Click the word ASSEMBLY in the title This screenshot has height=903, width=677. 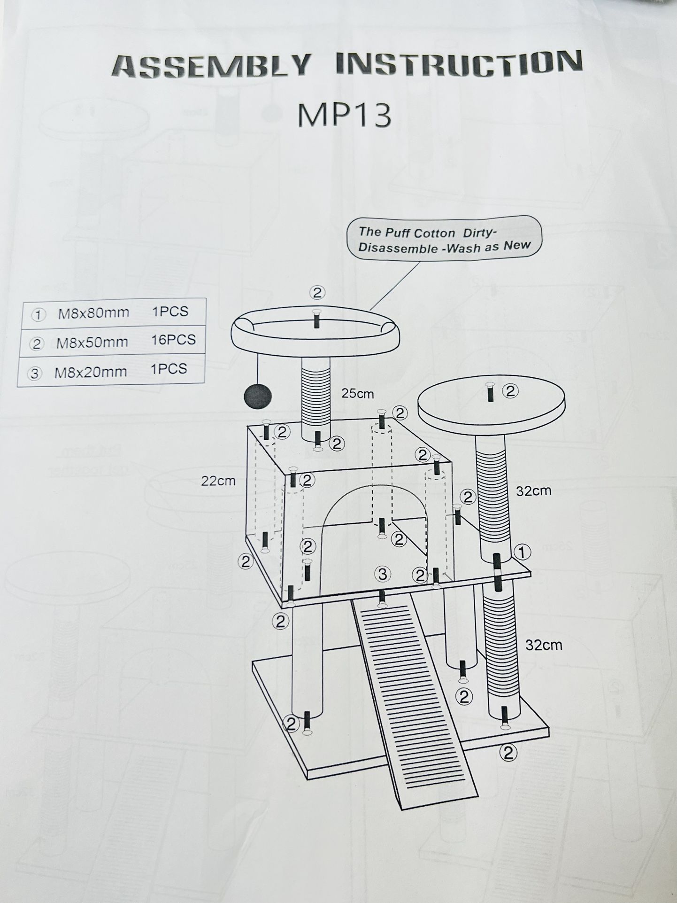[x=211, y=66]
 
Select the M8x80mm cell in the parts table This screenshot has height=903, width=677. [x=93, y=313]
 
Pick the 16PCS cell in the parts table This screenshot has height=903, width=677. [x=173, y=340]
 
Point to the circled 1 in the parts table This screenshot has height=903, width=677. [x=37, y=315]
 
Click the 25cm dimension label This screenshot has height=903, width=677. [x=357, y=394]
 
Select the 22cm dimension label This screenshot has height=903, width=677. [x=218, y=481]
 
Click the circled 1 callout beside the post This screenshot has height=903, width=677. [x=522, y=553]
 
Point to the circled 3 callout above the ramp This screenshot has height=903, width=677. [x=383, y=574]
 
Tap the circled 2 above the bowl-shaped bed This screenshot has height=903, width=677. [x=317, y=293]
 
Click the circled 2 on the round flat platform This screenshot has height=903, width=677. [x=510, y=391]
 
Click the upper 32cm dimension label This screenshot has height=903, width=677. [x=533, y=491]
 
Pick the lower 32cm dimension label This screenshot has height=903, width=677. [x=543, y=645]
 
